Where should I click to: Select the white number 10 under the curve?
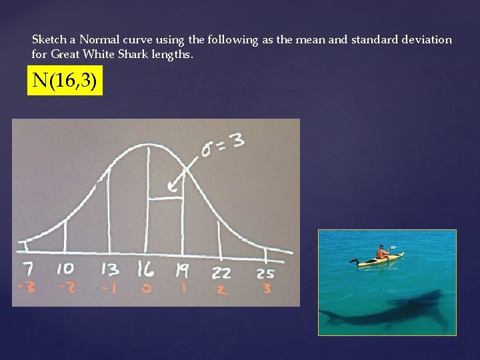tap(65, 269)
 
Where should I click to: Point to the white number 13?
tap(109, 269)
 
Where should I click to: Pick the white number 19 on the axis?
tap(181, 270)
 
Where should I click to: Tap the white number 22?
tap(221, 273)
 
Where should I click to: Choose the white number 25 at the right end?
tap(265, 274)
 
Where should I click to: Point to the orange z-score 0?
tap(146, 288)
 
